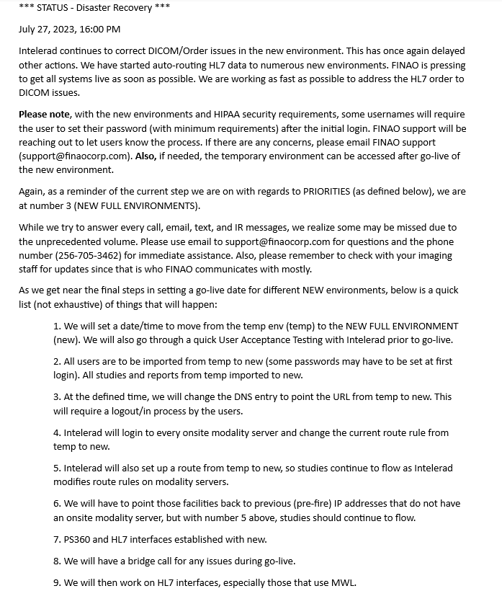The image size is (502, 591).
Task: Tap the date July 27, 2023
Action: [47, 30]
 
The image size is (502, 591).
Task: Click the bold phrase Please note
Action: [45, 114]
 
